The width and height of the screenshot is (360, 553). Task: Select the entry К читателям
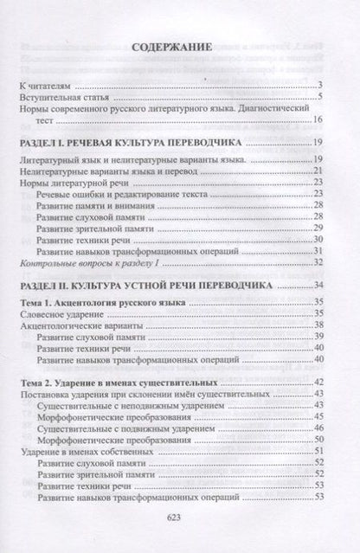[x=46, y=85]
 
